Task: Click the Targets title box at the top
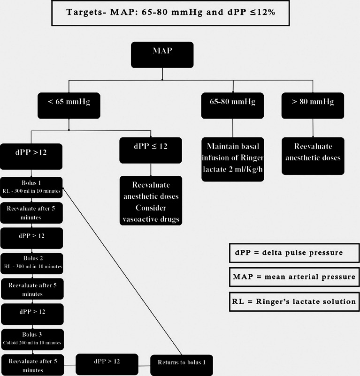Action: pos(180,13)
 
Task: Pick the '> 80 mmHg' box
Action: pos(313,105)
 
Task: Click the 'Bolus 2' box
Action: pos(32,263)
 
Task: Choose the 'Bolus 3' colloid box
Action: pos(32,338)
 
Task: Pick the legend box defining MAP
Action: pos(294,277)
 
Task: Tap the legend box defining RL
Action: pos(294,301)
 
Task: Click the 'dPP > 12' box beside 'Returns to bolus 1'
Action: pos(107,363)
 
